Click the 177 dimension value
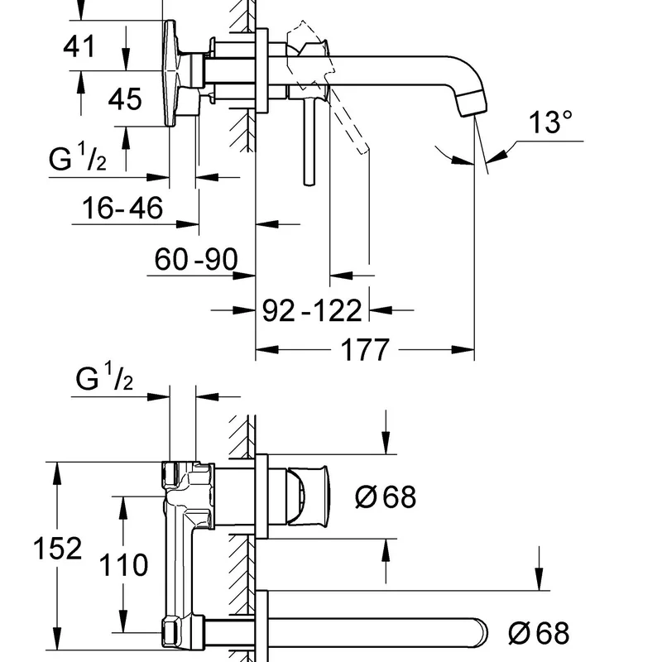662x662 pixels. pyautogui.click(x=364, y=350)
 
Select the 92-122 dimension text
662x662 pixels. pyautogui.click(x=312, y=310)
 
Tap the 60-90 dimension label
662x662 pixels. pyautogui.click(x=196, y=261)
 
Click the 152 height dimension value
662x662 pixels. pyautogui.click(x=57, y=548)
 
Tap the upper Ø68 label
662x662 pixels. pyautogui.click(x=385, y=497)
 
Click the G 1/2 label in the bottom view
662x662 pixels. pyautogui.click(x=104, y=380)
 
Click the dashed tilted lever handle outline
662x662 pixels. pyautogui.click(x=348, y=116)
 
